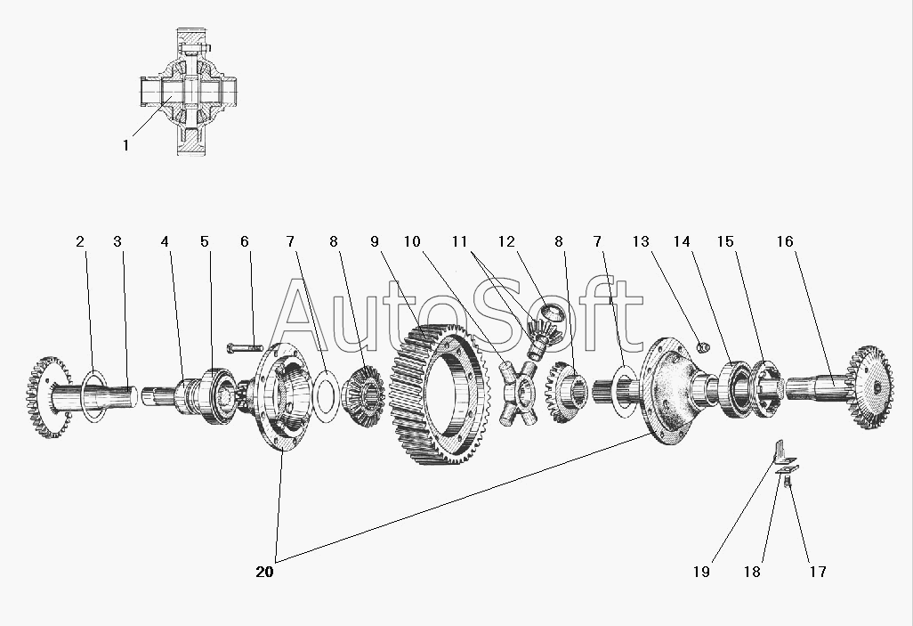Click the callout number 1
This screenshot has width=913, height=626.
click(x=125, y=145)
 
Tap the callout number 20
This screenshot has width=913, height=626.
click(x=264, y=573)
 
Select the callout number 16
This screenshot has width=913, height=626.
click(x=785, y=241)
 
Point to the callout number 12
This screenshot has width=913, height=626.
click(x=506, y=241)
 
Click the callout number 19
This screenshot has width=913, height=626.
click(x=701, y=573)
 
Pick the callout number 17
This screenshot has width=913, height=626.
click(x=818, y=573)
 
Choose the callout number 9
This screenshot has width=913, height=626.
click(x=375, y=241)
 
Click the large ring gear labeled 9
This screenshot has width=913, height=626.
click(x=437, y=394)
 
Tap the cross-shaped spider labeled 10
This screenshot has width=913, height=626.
click(x=518, y=393)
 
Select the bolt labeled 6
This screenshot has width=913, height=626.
click(x=245, y=348)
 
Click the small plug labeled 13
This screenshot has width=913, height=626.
click(x=703, y=347)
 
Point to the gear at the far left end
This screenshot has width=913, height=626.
click(x=49, y=397)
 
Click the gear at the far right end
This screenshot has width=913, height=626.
click(x=871, y=387)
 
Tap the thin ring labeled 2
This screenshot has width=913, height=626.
click(x=94, y=395)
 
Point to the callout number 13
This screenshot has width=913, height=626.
click(x=641, y=241)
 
